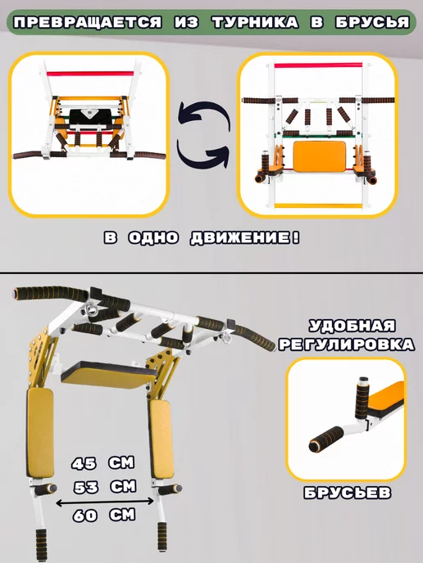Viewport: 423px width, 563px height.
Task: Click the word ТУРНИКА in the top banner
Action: (x=255, y=23)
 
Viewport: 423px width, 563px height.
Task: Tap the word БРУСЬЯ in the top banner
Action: (x=373, y=23)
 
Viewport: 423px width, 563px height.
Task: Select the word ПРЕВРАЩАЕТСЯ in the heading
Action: (x=88, y=23)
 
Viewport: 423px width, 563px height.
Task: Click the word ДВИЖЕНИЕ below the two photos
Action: (x=244, y=238)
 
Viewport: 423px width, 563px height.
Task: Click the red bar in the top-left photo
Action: (x=90, y=74)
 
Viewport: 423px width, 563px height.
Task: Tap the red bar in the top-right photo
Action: (x=318, y=65)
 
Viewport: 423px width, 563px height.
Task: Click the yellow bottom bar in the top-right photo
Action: (x=318, y=206)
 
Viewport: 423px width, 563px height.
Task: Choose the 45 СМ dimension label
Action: (x=102, y=463)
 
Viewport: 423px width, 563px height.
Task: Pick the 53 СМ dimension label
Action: (x=105, y=487)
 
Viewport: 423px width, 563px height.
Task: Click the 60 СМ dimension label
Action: (x=104, y=516)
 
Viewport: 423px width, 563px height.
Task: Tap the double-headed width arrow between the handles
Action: (x=105, y=502)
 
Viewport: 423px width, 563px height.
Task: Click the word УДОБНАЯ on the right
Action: (x=352, y=326)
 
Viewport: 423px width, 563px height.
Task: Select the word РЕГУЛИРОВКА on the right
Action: (x=347, y=345)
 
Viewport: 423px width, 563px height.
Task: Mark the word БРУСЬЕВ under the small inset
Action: (x=347, y=493)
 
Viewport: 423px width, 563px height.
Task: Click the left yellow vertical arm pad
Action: (x=40, y=433)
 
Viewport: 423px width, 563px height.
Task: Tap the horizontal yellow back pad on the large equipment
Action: (x=108, y=375)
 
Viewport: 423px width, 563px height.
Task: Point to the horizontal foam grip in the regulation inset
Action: (x=326, y=439)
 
